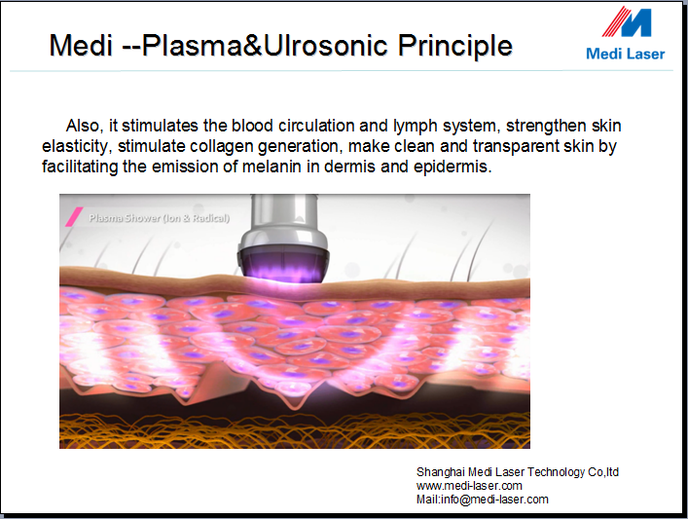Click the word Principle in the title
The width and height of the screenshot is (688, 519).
point(455,46)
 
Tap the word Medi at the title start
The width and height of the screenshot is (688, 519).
point(81,45)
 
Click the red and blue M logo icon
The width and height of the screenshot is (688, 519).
point(627,21)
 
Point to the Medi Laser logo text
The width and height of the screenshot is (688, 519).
point(626,54)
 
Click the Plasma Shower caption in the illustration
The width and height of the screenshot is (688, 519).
point(159,218)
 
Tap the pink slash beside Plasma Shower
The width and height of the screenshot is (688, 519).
point(74,217)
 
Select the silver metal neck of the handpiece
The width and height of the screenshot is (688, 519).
point(284,214)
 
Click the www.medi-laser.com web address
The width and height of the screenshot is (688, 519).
point(469,486)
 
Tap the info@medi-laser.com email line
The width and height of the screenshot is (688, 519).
point(483,500)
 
